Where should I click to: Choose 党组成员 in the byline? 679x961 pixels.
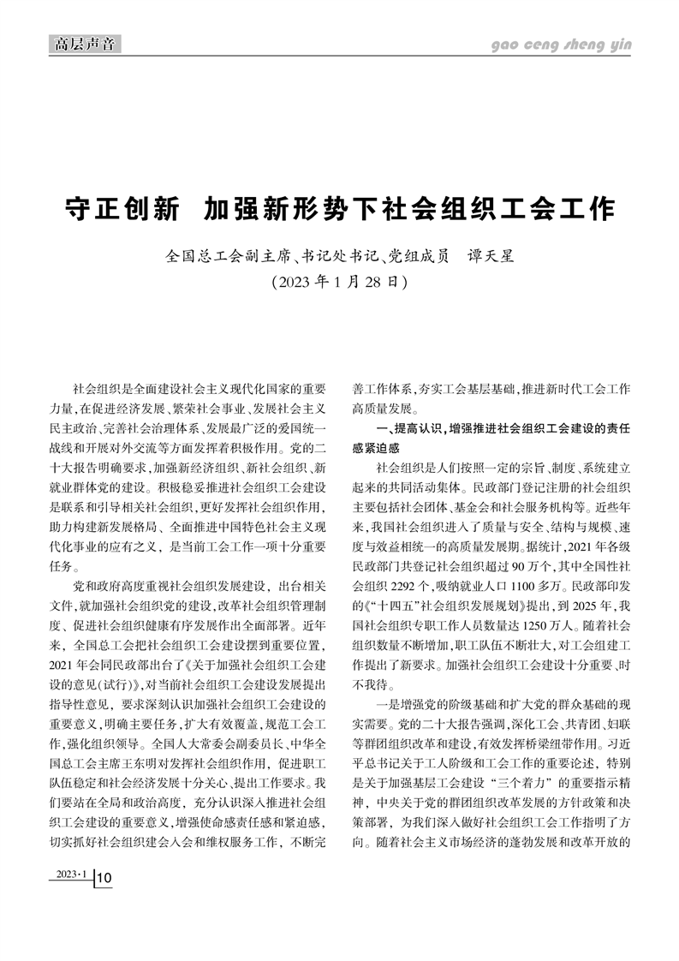[x=417, y=254]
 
